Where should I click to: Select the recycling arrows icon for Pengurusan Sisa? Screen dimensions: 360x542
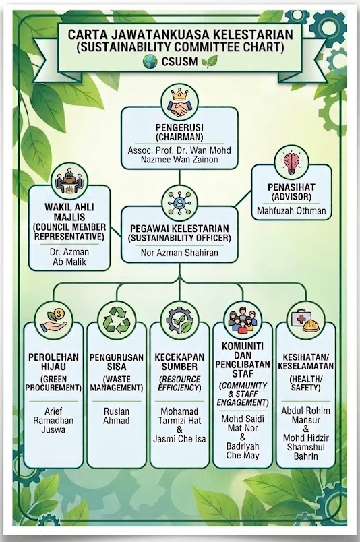[x=117, y=320]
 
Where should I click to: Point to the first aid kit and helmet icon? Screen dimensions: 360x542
[x=305, y=320]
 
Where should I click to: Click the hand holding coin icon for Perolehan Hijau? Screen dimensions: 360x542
[x=54, y=320]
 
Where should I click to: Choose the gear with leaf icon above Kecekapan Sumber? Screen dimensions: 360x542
[x=179, y=320]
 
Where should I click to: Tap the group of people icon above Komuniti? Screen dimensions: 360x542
[x=243, y=320]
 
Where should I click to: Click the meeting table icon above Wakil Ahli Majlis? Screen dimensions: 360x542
[x=69, y=181]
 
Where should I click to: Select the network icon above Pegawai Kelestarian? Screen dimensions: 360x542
[x=179, y=202]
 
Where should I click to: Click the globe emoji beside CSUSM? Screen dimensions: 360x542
[x=150, y=62]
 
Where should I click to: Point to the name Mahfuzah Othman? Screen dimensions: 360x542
[x=291, y=210]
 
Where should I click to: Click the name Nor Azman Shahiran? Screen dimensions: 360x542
[x=179, y=253]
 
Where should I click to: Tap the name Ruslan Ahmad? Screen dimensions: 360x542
[x=117, y=416]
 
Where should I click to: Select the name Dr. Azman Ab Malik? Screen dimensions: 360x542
[x=69, y=257]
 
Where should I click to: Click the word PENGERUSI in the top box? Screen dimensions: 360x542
[x=179, y=127]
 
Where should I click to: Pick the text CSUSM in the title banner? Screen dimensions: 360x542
[x=179, y=62]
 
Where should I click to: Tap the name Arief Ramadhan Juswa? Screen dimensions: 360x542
[x=54, y=421]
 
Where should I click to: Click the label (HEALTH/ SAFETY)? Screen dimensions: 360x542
[x=305, y=383]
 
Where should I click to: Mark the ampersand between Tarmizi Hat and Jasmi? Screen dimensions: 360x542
[x=179, y=430]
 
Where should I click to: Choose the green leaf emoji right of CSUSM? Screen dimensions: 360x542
[x=210, y=61]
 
